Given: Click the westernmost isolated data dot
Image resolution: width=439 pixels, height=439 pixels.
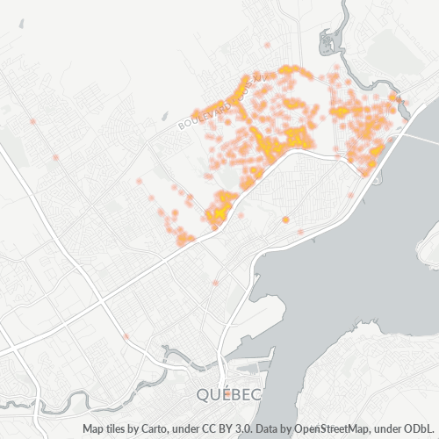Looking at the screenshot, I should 32,121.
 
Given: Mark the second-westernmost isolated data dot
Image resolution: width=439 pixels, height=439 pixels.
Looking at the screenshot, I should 55,157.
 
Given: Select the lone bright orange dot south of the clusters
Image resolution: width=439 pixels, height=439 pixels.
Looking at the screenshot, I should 286,219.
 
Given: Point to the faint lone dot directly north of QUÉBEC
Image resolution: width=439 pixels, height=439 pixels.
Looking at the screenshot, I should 215,283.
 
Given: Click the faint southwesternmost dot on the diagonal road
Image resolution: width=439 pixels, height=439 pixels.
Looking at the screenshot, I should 126,336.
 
